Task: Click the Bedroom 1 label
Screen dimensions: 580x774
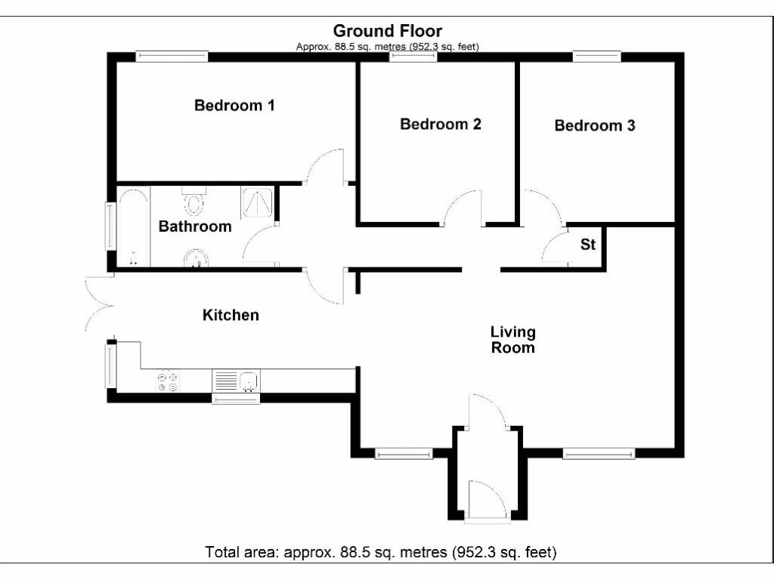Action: pos(234,106)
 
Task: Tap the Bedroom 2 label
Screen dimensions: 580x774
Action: pos(441,124)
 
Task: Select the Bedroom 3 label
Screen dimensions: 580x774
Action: pos(595,125)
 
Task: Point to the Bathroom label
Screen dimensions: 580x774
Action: pos(195,227)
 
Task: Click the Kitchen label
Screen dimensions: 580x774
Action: pos(231,315)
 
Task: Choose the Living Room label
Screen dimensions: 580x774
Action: pos(513,340)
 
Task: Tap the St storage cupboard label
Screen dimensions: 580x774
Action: pos(588,245)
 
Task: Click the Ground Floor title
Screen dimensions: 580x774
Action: pos(388,31)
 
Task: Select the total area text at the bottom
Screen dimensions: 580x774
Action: pos(381,552)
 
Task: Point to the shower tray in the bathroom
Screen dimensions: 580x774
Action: pos(256,202)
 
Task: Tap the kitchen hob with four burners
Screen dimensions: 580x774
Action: pos(168,381)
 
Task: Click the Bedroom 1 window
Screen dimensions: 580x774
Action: pos(172,55)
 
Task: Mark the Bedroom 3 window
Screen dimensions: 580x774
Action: pos(596,55)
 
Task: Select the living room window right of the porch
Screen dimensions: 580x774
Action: pos(599,454)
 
